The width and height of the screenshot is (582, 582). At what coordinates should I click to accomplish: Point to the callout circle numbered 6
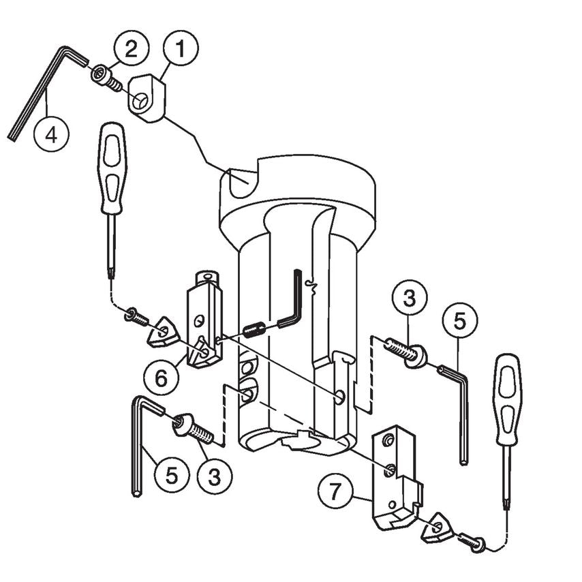[x=161, y=377]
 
